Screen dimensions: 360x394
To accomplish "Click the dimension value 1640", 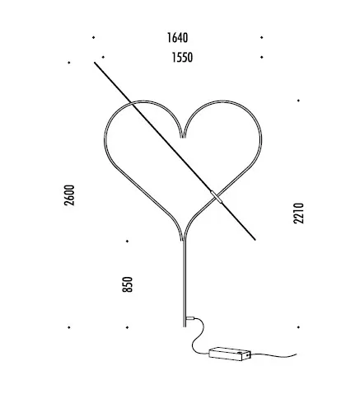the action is pos(177,38).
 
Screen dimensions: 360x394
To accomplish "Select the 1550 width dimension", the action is pos(182,58).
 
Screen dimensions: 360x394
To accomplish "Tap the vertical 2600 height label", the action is pos(69,195).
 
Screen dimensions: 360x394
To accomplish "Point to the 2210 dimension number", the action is pos(299,213).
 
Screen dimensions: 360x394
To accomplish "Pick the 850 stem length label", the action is pos(128,284).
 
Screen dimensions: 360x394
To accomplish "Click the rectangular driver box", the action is pos(230,354).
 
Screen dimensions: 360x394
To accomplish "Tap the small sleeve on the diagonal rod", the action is pos(217,197).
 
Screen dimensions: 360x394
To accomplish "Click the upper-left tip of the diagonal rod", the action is pos(95,63).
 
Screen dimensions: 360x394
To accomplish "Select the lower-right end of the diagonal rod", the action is pos(255,240).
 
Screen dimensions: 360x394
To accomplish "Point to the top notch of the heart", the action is pos(183,137).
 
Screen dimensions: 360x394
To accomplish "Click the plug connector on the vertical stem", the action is pos(190,319).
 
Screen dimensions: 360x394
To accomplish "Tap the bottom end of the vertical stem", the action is pos(185,326).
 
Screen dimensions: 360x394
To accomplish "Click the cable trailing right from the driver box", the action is pos(274,355).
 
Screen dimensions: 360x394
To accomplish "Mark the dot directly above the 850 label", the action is pos(127,242).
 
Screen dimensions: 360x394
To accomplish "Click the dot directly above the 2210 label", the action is pos(298,101).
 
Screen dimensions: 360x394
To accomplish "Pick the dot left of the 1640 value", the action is pos(94,37).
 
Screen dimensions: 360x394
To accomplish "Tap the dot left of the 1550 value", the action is pos(103,57).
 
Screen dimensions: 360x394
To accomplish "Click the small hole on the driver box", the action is pos(247,355).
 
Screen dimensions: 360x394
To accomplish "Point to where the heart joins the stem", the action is pos(184,240).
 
